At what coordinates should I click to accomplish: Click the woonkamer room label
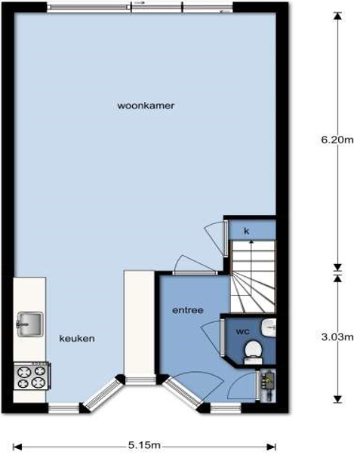click(146, 106)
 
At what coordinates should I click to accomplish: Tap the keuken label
click(77, 338)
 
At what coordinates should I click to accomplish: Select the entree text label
click(188, 310)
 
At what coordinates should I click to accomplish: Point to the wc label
click(243, 331)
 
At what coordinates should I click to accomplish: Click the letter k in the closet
click(246, 231)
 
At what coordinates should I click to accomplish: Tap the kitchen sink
click(29, 324)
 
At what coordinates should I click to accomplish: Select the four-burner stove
click(32, 375)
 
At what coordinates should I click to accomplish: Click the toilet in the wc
click(253, 352)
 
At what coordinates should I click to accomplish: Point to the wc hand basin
click(269, 327)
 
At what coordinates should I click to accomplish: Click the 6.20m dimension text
click(337, 140)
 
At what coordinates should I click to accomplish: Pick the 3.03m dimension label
click(337, 336)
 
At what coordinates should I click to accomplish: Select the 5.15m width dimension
click(144, 445)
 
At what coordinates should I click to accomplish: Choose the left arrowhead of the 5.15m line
click(17, 447)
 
